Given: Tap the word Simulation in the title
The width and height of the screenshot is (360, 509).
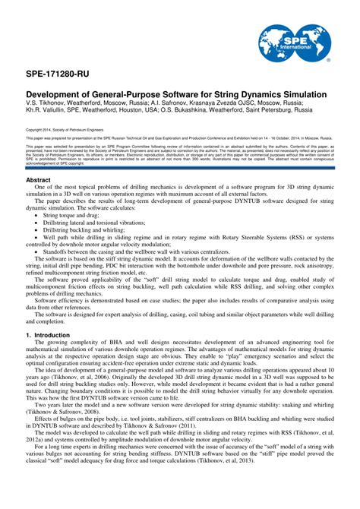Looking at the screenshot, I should (300, 93).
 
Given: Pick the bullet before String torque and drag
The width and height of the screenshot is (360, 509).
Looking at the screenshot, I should (36, 216).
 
